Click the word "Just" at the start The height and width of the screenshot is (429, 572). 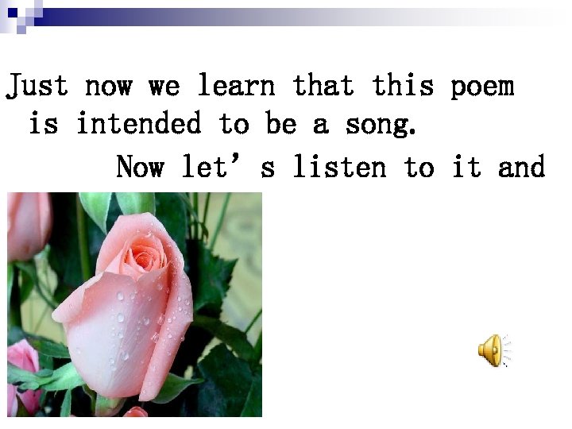click(x=37, y=85)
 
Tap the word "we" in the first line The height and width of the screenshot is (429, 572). click(x=164, y=85)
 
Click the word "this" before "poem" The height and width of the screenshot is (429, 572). click(x=403, y=85)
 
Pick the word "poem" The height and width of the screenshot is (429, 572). click(x=482, y=87)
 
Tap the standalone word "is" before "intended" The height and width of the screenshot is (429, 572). click(x=43, y=124)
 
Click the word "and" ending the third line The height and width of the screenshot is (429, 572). click(x=522, y=168)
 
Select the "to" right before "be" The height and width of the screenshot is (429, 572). click(x=234, y=124)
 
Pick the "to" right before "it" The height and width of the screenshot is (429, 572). click(x=419, y=168)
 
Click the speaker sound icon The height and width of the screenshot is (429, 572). click(x=492, y=350)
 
